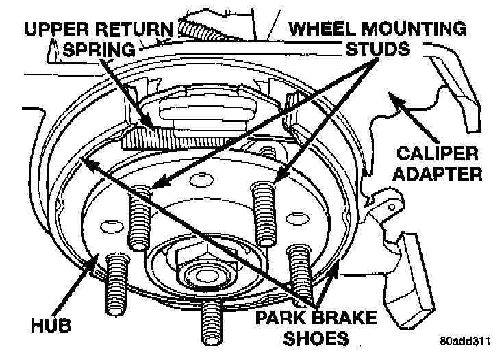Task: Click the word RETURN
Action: [137, 30]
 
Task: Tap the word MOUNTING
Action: [415, 29]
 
